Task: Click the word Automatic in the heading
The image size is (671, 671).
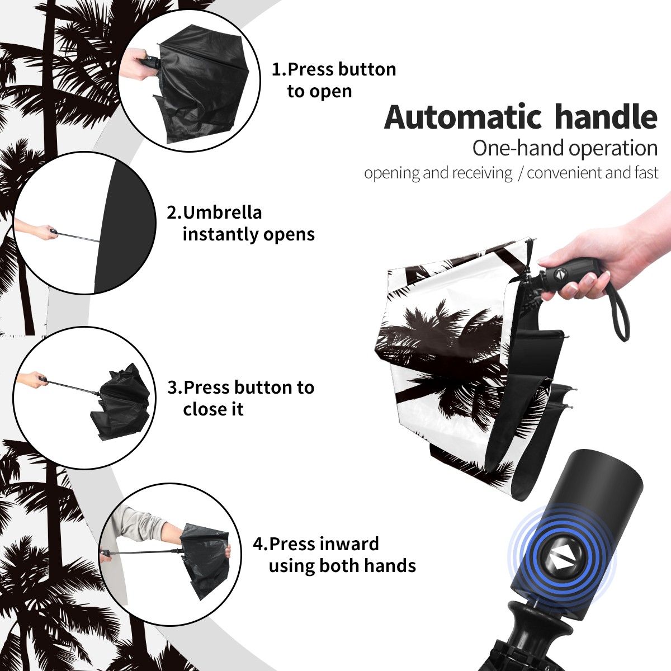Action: point(463,117)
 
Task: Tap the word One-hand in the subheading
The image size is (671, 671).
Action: point(519,148)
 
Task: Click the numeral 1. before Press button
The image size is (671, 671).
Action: point(279,69)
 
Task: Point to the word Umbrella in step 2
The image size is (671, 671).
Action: point(222,212)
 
